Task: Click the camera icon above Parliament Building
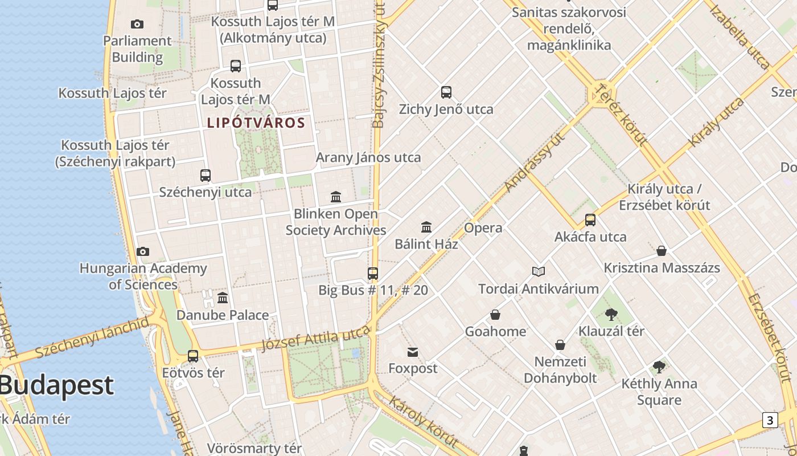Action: tap(137, 24)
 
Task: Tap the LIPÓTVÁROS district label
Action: tap(256, 123)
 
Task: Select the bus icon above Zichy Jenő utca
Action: tap(446, 92)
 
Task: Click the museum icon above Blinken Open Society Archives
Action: tap(336, 197)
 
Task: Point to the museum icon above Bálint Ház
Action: tap(426, 227)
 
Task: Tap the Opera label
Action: tap(483, 228)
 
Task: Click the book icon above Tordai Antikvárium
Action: tap(539, 272)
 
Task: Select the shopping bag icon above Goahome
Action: tap(495, 315)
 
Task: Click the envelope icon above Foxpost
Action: tap(413, 352)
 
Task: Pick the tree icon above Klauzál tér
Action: tap(611, 314)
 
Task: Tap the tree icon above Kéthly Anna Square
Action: tap(659, 367)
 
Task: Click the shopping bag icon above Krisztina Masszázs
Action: tap(662, 251)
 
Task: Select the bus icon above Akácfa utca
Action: tap(590, 220)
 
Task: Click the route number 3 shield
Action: tap(770, 421)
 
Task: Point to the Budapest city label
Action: tap(57, 385)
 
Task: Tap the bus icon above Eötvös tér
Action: tap(193, 356)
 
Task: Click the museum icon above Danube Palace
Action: tap(223, 298)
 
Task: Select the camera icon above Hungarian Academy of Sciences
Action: tap(143, 251)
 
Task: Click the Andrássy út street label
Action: tap(534, 162)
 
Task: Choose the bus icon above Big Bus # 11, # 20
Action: tap(373, 274)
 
